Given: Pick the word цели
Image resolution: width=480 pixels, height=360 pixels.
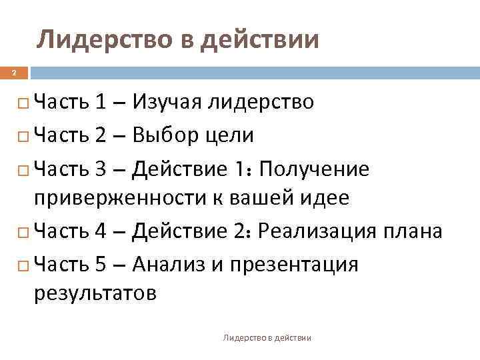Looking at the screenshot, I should click(x=233, y=136).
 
